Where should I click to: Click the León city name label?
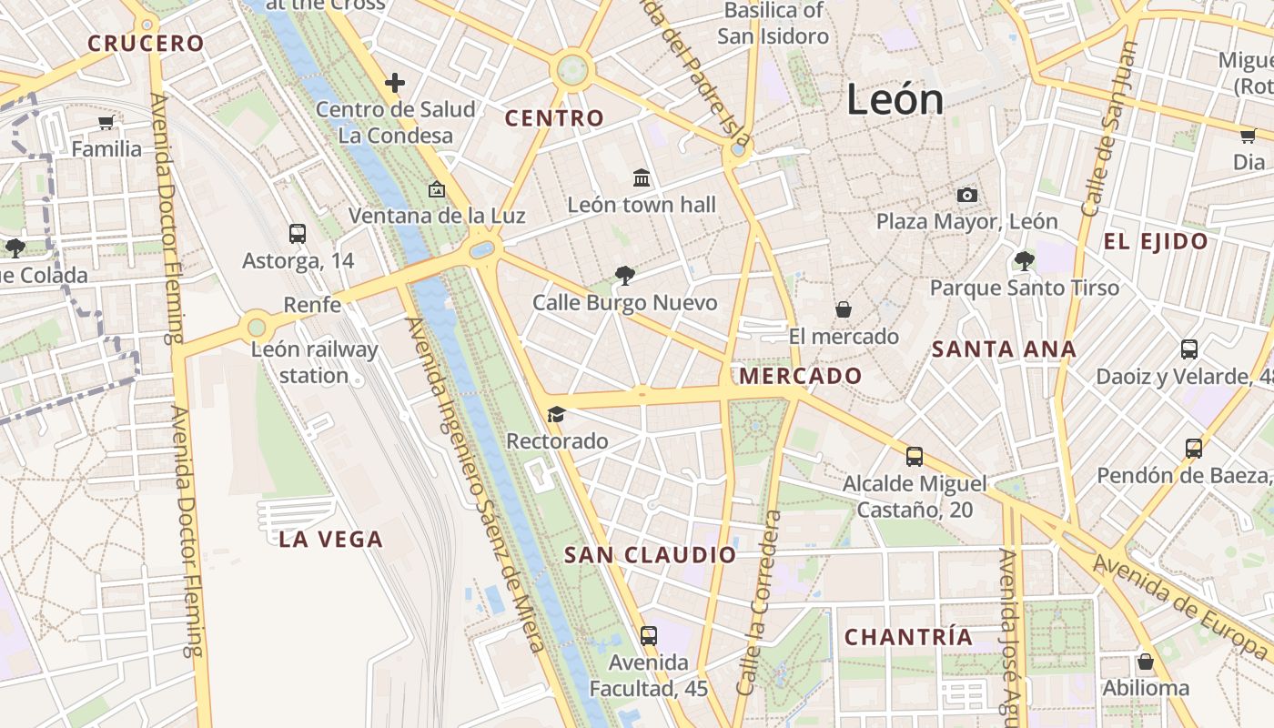(895, 98)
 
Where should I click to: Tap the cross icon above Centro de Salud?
(394, 83)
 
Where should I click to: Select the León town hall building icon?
(642, 177)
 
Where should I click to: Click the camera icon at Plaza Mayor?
(966, 195)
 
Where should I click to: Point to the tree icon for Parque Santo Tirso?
(1024, 261)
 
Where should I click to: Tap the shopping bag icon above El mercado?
(844, 309)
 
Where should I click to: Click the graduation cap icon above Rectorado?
(556, 414)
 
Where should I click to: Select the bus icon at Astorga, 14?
(298, 233)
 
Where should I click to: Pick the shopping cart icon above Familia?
(106, 122)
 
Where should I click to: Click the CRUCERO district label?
(146, 43)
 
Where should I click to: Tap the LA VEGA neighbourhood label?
(331, 539)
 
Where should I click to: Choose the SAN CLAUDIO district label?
(651, 555)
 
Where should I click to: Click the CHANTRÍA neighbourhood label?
(909, 637)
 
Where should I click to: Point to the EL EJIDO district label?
(1156, 242)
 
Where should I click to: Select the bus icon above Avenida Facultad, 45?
(649, 635)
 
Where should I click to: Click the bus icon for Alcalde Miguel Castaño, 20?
(915, 456)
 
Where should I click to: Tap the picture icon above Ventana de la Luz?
(437, 189)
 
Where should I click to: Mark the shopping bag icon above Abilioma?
(1146, 662)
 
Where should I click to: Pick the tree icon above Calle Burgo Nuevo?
(624, 275)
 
